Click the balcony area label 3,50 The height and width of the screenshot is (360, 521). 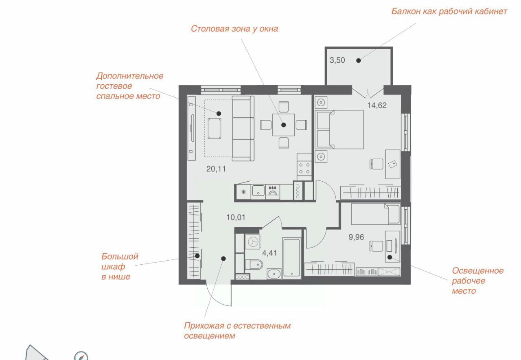pos(337,60)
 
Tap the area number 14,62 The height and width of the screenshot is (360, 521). pos(377,105)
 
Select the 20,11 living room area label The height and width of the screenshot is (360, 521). pos(216,169)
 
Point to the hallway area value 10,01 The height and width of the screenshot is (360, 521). pos(236,217)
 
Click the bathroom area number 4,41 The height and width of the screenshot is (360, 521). pos(269,253)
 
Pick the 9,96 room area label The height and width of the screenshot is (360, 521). pos(356,237)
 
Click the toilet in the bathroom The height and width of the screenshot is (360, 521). pos(254,265)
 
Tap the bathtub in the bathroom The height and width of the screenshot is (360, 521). pos(292,258)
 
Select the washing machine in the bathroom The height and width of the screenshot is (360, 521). pos(253,242)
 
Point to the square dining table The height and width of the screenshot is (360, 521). pos(284,125)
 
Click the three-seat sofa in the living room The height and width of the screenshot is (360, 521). pos(243,128)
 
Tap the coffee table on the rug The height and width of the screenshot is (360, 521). pos(215,128)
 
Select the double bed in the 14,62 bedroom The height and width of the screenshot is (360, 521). pos(339,130)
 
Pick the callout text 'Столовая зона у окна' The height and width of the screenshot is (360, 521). pos(234,29)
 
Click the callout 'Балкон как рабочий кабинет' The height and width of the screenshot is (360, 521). pos(449,11)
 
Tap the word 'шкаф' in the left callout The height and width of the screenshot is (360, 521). pos(113,267)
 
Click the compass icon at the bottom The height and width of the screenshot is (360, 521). pos(81,356)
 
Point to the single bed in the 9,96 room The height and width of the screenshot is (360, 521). pos(376,214)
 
